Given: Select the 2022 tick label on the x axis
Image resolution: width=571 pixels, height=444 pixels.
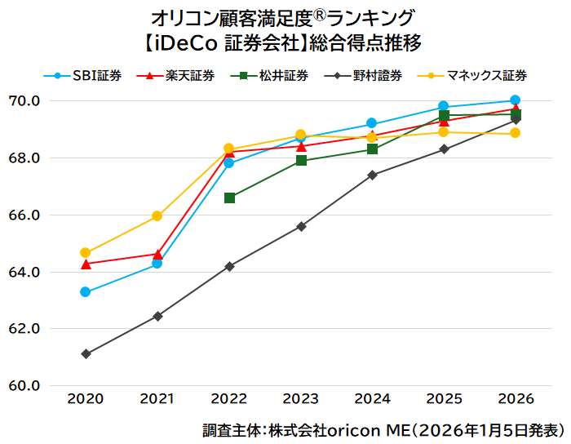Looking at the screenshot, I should pos(229,399).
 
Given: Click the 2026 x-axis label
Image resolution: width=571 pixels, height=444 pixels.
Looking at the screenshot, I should pos(515,399).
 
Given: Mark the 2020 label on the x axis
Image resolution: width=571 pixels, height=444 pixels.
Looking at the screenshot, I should pos(86,399).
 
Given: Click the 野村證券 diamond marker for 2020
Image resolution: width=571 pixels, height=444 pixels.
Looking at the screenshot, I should pos(86,353).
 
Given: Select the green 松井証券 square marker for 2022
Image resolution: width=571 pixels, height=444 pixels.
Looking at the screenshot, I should pos(229,198).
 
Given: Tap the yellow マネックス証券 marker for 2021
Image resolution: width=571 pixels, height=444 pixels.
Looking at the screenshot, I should pos(157,216).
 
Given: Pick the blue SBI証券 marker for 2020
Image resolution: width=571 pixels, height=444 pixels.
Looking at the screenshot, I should pos(86,292).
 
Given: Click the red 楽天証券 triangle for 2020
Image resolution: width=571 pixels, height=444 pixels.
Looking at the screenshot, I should pos(86,264).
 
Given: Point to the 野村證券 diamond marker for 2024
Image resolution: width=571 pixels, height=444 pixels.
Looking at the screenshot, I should pos(372,175).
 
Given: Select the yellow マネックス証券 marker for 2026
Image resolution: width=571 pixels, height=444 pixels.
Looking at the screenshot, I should pos(515,133).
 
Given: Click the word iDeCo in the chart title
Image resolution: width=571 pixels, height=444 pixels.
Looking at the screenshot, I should pos(184,40).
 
